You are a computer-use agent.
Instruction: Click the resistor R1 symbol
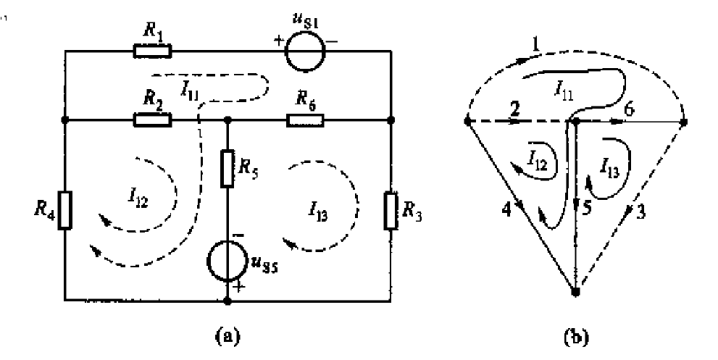tap(153, 51)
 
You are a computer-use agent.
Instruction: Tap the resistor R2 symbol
tap(153, 120)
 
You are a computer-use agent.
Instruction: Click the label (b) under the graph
tap(577, 336)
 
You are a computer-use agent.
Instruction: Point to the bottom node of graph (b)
tap(575, 292)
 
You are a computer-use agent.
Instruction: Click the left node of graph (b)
tap(467, 121)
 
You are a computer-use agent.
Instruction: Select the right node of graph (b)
tap(684, 121)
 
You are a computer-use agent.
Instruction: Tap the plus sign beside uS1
tap(279, 39)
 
